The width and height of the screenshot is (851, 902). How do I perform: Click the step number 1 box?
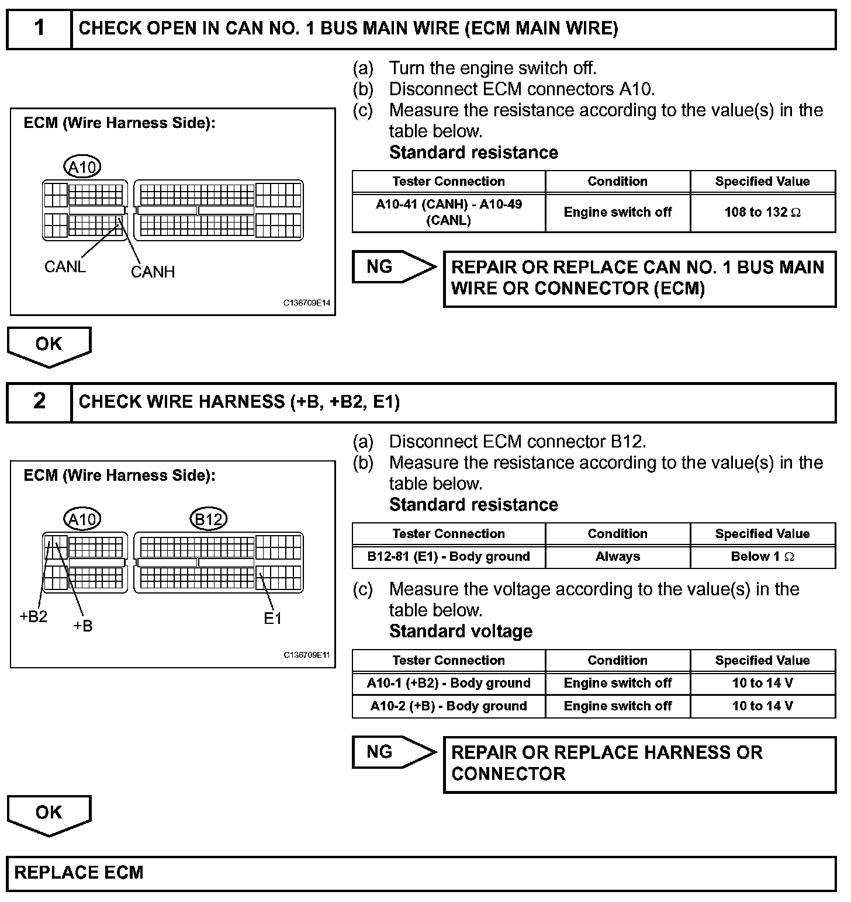(x=39, y=28)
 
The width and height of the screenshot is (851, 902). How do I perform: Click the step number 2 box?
(x=39, y=401)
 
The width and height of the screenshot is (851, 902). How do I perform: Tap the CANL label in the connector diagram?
(x=65, y=267)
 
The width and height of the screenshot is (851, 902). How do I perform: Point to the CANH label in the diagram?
(x=153, y=272)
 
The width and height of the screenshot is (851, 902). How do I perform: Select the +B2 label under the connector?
(x=33, y=616)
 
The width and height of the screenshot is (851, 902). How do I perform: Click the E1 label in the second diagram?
(x=273, y=618)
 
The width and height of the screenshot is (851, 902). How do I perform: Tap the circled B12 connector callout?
(x=209, y=519)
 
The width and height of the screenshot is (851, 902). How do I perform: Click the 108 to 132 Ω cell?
(x=762, y=212)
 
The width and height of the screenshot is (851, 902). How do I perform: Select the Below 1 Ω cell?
(x=762, y=556)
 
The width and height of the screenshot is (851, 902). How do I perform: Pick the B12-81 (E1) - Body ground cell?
(x=448, y=556)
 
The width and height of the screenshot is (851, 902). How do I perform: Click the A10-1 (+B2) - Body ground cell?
(x=448, y=683)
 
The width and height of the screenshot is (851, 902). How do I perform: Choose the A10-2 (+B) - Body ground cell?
(x=448, y=706)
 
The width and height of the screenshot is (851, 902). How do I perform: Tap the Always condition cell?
(x=617, y=556)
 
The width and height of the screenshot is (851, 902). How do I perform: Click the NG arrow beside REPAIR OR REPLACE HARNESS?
(x=393, y=752)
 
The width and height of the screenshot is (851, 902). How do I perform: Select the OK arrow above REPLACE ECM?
(x=49, y=813)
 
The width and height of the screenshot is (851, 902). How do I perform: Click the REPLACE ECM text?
(x=79, y=873)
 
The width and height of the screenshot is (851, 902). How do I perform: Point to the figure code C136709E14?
(x=307, y=303)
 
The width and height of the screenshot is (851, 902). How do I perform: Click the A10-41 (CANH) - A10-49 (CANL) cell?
(x=448, y=212)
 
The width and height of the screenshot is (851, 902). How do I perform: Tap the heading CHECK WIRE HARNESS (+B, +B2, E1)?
(x=239, y=402)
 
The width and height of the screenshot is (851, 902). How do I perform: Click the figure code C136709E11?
(x=307, y=655)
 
